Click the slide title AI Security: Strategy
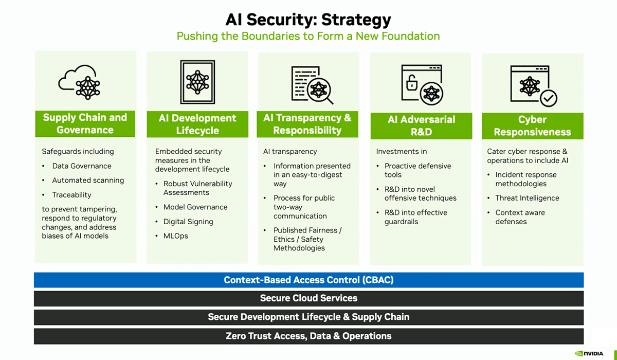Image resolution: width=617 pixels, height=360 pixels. (x=308, y=20)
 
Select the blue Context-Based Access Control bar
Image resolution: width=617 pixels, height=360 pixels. (x=308, y=280)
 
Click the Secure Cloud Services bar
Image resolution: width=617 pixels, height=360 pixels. (x=308, y=298)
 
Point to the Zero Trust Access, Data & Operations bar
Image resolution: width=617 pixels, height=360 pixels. (x=308, y=336)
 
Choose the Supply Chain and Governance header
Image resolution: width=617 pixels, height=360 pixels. (x=85, y=124)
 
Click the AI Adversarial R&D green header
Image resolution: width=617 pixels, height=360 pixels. (x=421, y=126)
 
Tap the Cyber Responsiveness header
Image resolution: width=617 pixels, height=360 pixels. (x=532, y=126)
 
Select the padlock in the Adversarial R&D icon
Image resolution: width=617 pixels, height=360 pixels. (x=412, y=82)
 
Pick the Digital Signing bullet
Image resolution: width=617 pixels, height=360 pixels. (x=188, y=222)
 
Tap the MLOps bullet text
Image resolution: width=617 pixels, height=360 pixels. (x=176, y=236)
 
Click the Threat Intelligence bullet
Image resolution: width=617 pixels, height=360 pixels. (x=527, y=198)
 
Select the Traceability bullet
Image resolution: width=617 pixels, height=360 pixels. (x=71, y=195)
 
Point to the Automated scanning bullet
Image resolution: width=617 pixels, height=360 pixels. (x=88, y=181)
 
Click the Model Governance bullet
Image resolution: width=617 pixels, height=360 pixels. (x=195, y=207)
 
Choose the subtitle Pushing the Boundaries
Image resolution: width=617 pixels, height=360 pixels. (x=308, y=37)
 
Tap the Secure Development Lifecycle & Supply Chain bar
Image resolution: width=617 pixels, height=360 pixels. (x=308, y=317)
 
